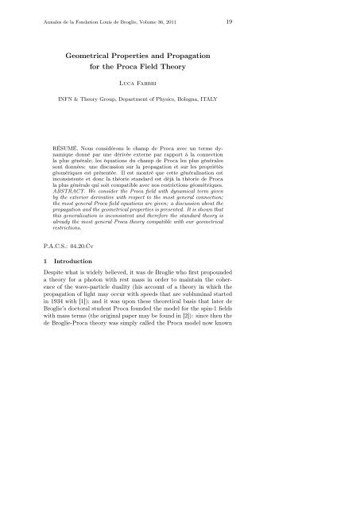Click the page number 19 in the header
[x=318, y=21]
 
